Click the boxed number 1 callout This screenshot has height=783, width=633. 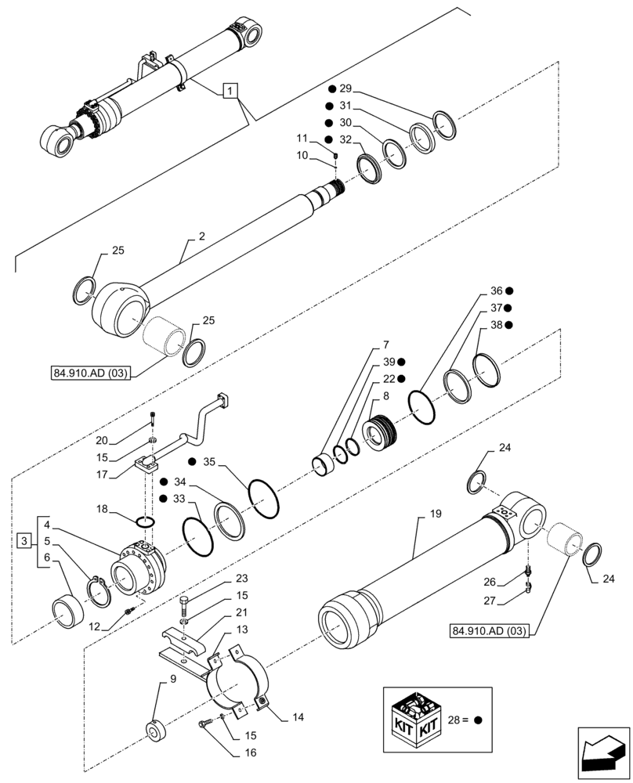pos(229,92)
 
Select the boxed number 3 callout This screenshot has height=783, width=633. pos(25,541)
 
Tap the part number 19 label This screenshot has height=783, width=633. pos(436,514)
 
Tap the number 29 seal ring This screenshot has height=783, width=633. pos(443,125)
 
